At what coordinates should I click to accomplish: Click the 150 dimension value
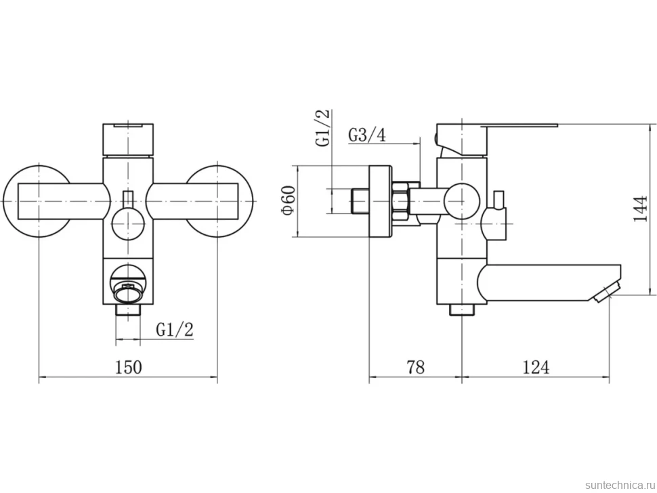(x=129, y=367)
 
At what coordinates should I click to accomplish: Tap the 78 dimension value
(x=416, y=367)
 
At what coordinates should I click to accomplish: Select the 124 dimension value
(x=536, y=367)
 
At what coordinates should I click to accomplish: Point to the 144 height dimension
(x=639, y=209)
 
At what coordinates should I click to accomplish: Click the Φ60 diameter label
(x=289, y=200)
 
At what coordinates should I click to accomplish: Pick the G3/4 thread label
(x=367, y=135)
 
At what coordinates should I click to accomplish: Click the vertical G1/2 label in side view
(x=323, y=128)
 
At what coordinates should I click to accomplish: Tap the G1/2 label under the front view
(x=175, y=330)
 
